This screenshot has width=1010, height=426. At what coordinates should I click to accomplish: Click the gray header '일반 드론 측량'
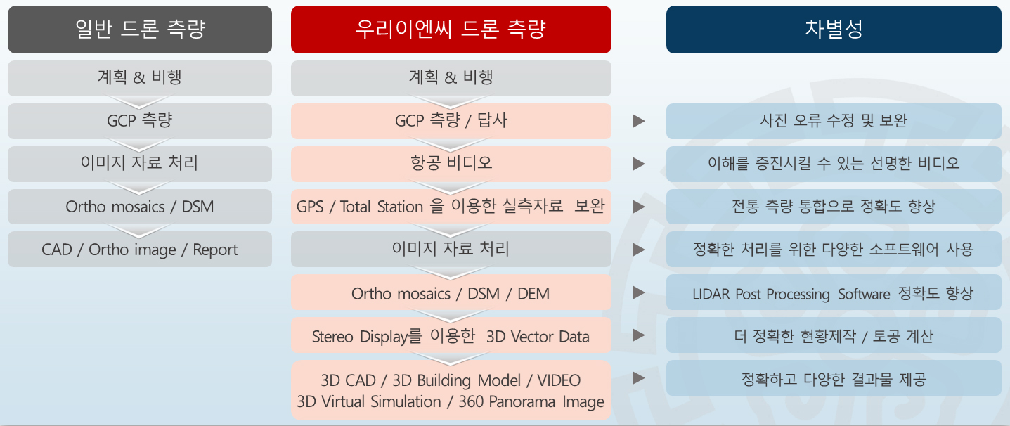pyautogui.click(x=140, y=30)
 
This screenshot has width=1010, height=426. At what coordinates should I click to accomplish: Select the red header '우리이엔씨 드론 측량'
pyautogui.click(x=451, y=30)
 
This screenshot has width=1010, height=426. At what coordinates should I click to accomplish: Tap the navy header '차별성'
pyautogui.click(x=834, y=30)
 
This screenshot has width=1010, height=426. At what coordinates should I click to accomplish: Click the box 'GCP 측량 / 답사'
pyautogui.click(x=451, y=121)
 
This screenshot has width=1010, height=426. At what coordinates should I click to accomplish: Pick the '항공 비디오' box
pyautogui.click(x=451, y=164)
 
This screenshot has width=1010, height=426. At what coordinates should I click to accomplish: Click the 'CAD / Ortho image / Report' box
pyautogui.click(x=140, y=250)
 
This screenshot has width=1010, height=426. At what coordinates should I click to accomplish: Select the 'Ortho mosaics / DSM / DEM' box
pyautogui.click(x=451, y=293)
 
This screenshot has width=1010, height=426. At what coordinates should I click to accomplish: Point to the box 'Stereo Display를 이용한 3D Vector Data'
pyautogui.click(x=451, y=335)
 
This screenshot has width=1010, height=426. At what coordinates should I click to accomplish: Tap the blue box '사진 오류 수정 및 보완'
pyautogui.click(x=834, y=121)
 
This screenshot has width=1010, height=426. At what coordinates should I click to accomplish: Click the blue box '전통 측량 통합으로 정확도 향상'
pyautogui.click(x=834, y=207)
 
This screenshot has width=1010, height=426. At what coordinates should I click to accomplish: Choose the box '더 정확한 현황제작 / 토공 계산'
pyautogui.click(x=834, y=335)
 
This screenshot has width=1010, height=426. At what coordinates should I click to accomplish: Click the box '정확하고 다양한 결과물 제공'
pyautogui.click(x=834, y=378)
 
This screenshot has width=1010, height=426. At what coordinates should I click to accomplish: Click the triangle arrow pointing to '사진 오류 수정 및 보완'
pyautogui.click(x=638, y=121)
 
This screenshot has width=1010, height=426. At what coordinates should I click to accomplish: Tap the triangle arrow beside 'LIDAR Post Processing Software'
pyautogui.click(x=638, y=292)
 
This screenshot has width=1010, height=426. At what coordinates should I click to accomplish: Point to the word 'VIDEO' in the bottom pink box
pyautogui.click(x=559, y=380)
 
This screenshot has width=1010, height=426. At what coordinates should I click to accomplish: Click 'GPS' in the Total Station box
pyautogui.click(x=310, y=207)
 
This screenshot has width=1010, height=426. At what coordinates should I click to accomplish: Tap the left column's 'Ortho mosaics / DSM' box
pyautogui.click(x=140, y=207)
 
